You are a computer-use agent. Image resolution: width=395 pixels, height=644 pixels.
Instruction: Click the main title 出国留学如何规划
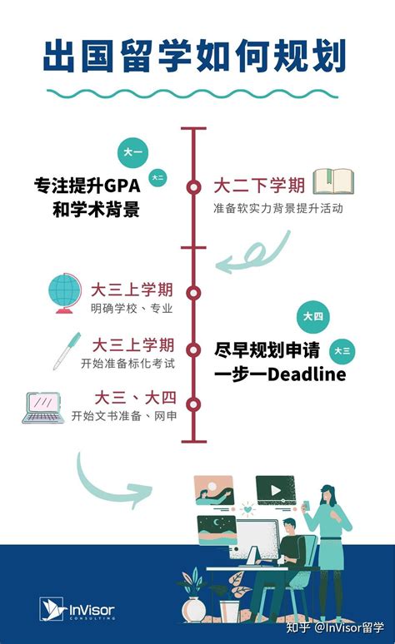[195, 56]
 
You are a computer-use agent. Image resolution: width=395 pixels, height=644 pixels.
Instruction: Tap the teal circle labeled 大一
[132, 152]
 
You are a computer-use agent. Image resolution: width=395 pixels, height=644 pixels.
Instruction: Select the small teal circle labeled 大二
[157, 177]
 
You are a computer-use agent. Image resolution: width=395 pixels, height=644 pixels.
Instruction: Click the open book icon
[333, 181]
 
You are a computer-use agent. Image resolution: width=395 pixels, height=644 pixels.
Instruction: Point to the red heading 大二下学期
[260, 186]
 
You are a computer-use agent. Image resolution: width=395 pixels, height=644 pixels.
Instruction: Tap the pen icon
[67, 351]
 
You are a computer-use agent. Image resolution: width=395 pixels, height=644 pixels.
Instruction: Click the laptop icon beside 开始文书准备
[43, 408]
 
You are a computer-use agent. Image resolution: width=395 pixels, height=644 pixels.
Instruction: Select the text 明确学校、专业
[132, 309]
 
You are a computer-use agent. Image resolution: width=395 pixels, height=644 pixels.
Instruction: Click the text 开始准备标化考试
[128, 364]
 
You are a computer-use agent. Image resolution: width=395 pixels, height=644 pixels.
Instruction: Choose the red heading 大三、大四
[136, 398]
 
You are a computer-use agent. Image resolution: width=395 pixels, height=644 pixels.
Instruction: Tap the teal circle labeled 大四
[313, 316]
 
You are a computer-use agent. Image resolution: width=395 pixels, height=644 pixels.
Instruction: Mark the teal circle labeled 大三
[342, 351]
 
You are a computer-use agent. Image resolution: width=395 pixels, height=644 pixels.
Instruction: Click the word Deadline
[307, 374]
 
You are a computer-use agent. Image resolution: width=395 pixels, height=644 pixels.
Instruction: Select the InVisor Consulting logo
[77, 609]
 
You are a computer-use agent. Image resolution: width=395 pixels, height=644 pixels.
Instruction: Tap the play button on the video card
[276, 490]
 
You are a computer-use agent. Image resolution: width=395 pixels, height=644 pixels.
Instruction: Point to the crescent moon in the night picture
[217, 523]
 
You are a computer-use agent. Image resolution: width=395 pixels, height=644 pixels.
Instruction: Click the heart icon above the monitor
[247, 509]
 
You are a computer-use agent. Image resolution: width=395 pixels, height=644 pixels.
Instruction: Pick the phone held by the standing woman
[306, 505]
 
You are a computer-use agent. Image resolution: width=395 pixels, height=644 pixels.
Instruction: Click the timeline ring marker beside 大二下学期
[193, 187]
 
